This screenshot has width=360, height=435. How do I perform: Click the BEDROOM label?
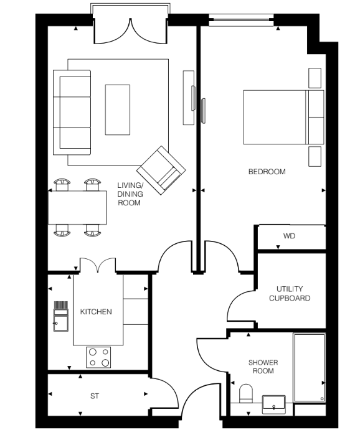tap(267, 172)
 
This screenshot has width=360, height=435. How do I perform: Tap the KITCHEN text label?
tap(96, 312)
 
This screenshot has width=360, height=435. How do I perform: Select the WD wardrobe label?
tap(289, 236)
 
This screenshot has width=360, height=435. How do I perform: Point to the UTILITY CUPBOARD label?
tap(290, 294)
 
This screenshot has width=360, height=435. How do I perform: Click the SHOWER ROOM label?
tap(263, 367)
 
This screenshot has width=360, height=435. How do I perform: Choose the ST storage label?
tap(95, 396)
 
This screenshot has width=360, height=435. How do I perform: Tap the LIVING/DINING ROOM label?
tap(130, 194)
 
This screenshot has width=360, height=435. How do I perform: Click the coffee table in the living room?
tap(118, 110)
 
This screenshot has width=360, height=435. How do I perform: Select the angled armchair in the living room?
tap(161, 171)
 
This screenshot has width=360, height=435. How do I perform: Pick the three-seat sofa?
tap(72, 113)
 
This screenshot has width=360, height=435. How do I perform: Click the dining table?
tap(77, 207)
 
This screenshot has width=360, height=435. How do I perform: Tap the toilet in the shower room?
tap(246, 393)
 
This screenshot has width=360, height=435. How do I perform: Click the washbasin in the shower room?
tap(273, 403)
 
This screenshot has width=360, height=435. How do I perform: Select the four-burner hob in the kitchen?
tap(98, 357)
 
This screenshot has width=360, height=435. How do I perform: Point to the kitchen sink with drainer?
tap(61, 316)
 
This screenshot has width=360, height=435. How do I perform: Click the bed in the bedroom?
tap(283, 117)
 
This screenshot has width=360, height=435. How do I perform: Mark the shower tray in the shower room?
tap(309, 368)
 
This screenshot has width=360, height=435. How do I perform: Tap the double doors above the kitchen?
tap(98, 265)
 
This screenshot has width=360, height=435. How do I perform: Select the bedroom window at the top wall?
tap(241, 21)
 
